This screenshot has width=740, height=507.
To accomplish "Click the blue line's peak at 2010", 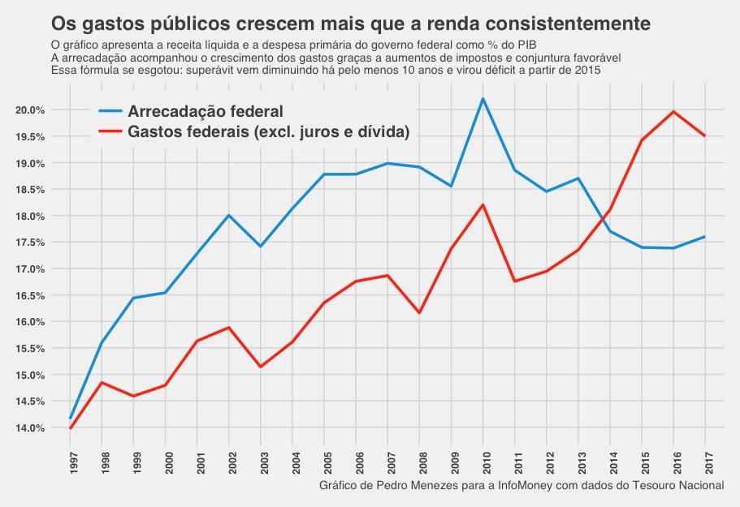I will (x=483, y=99).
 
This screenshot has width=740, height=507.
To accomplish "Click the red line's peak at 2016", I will (x=673, y=112).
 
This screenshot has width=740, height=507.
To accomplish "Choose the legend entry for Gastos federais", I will (x=268, y=131).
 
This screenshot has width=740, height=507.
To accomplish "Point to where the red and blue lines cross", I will (x=604, y=219).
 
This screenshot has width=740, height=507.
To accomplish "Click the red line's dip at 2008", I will (x=419, y=312).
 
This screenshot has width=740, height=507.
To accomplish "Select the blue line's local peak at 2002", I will (x=229, y=215).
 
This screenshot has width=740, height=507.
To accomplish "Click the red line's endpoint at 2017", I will (x=704, y=135).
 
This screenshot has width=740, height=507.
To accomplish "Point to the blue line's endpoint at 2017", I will (x=704, y=237).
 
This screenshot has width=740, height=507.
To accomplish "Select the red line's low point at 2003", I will (x=262, y=367).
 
